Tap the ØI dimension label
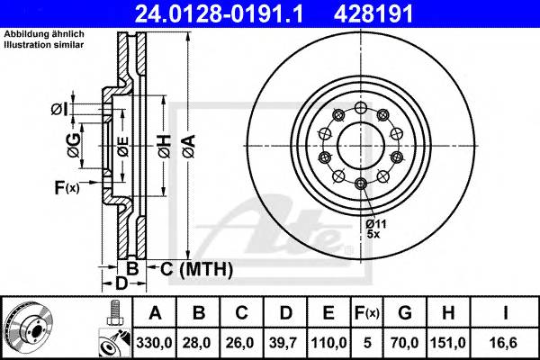point(58,109)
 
